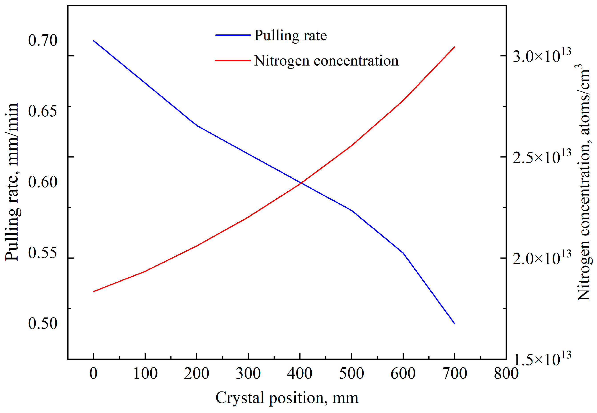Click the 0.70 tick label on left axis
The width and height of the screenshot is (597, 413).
click(42, 41)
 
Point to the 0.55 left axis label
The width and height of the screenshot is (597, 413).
click(42, 253)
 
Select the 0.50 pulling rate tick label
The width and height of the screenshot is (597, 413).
click(42, 323)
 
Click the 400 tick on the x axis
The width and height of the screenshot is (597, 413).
click(300, 374)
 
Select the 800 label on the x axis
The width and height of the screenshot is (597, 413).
click(506, 374)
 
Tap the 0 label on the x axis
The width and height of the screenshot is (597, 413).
click(93, 374)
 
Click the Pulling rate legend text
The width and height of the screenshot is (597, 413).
click(290, 36)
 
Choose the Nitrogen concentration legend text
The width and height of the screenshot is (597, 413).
click(326, 61)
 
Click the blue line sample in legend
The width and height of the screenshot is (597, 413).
click(233, 35)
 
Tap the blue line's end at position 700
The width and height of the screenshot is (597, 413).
click(455, 323)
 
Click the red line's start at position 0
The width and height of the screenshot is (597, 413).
click(93, 292)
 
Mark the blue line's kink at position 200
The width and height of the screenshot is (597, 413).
click(197, 126)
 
